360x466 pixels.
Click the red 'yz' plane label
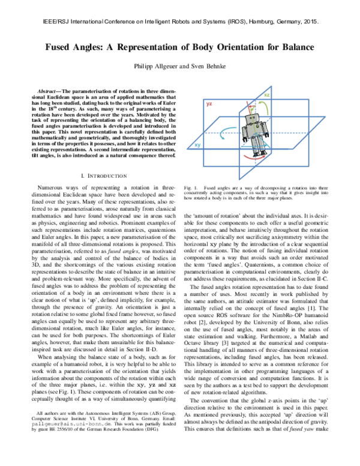pyautogui.click(x=209, y=104)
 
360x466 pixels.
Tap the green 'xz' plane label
pyautogui.click(x=266, y=95)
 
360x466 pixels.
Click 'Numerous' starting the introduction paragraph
pyautogui.click(x=50, y=189)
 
